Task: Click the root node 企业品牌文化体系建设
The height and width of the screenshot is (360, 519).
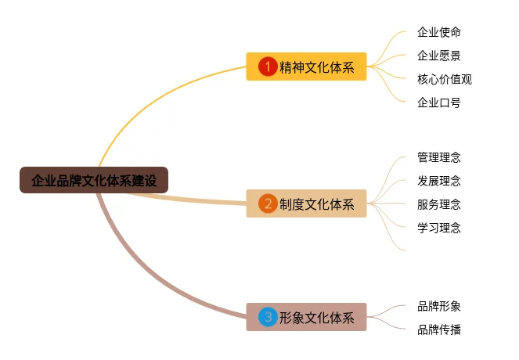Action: tap(94, 181)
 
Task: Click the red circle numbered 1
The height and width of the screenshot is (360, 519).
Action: tap(268, 67)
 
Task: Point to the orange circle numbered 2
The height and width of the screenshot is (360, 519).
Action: tap(268, 204)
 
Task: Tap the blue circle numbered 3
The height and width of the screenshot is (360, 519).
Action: tap(268, 317)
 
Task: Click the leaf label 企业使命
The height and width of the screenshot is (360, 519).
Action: tap(439, 32)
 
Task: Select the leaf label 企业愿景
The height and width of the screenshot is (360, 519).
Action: tap(439, 56)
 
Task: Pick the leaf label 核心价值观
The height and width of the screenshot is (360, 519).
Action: tap(445, 79)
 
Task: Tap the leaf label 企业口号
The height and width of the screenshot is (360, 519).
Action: tap(439, 103)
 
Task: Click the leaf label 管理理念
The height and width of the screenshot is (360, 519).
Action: tap(439, 157)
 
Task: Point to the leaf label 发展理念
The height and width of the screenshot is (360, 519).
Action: tap(439, 181)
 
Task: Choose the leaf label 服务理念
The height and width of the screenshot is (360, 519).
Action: tap(439, 204)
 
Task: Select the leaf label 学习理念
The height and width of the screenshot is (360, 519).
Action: tap(439, 228)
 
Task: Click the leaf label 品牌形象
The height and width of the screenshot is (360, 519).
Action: tap(439, 306)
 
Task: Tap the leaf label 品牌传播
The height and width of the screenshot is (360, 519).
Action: tap(439, 329)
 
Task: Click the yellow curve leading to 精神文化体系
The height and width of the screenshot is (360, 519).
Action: tap(157, 92)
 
